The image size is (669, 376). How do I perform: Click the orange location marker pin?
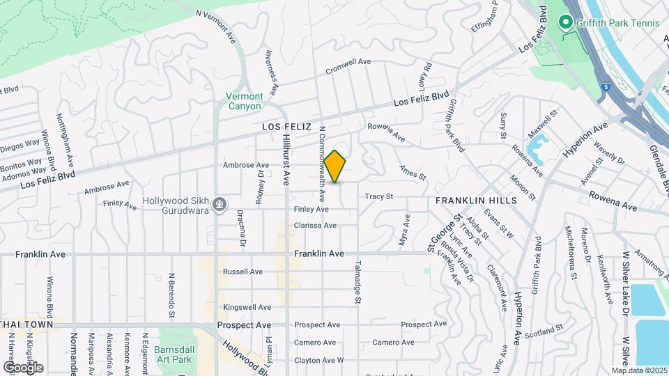(335, 166)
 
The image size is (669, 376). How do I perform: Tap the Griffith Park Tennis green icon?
(568, 23)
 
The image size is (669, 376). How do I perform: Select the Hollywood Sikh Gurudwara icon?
(220, 203)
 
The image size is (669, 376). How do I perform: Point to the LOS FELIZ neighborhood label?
(285, 127)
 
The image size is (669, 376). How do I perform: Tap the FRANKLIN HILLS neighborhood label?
(476, 201)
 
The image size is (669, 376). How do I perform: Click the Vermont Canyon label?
(244, 102)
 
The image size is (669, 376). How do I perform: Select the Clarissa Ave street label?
(315, 226)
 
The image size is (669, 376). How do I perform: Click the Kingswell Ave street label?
(247, 307)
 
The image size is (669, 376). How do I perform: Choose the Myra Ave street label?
(403, 228)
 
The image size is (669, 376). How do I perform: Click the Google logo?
(23, 367)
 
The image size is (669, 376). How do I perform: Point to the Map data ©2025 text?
(639, 370)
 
